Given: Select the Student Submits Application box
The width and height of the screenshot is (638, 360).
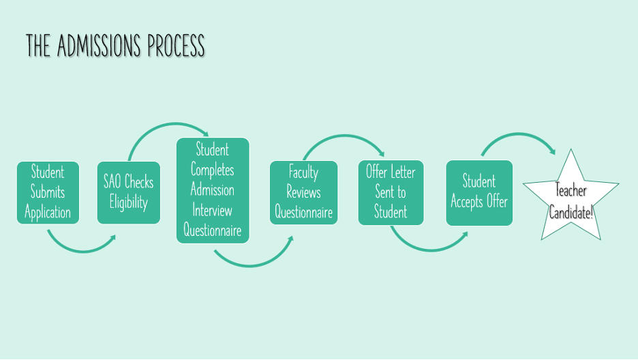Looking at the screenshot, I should [x=48, y=192].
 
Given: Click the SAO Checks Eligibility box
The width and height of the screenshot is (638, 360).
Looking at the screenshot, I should [x=128, y=192].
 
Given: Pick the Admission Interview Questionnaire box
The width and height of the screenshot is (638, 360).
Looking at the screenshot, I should [x=213, y=190].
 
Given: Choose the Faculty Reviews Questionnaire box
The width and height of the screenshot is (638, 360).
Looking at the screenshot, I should [x=303, y=192].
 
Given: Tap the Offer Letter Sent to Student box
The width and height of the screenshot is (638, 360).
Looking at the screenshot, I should [x=391, y=192].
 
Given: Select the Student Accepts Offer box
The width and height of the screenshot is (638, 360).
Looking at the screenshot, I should [x=478, y=192].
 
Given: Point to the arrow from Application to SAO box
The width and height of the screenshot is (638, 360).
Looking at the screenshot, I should [x=80, y=250].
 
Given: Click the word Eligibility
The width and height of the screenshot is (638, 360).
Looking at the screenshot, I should [x=128, y=202].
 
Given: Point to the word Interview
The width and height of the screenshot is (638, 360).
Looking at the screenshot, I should [x=212, y=209].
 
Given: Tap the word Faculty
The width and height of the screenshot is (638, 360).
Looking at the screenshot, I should [x=303, y=172].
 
